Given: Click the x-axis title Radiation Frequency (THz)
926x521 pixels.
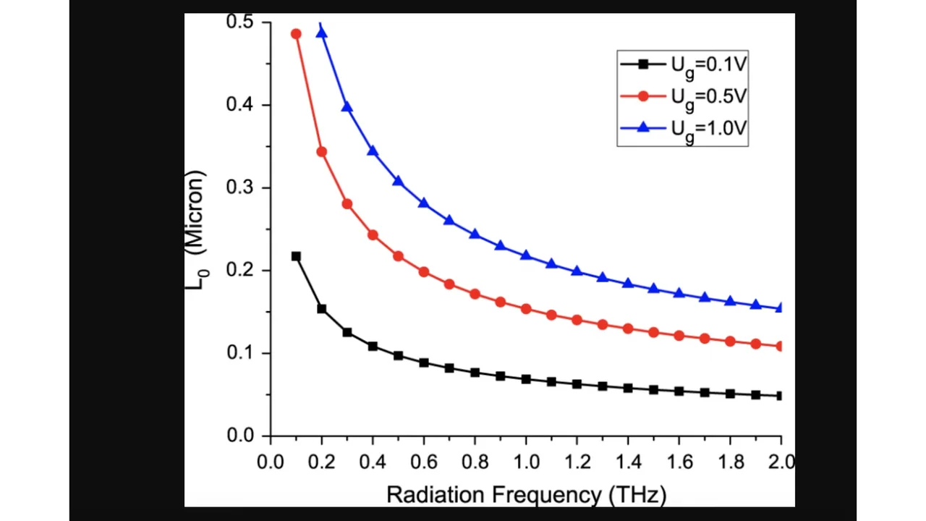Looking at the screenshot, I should point(526,495).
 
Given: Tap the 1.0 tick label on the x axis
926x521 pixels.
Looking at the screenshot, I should point(526,462).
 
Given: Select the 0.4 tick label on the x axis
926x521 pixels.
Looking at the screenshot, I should point(373,462).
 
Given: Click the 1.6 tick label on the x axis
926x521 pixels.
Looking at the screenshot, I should point(679,462).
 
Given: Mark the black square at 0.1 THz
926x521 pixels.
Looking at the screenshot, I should point(296,256).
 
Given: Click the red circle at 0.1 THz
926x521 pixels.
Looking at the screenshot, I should point(296,34).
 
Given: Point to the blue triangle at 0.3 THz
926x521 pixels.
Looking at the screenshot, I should point(347,107).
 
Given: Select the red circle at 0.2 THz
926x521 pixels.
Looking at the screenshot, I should point(322,152).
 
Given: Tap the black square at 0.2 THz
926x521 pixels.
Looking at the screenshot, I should point(322,309).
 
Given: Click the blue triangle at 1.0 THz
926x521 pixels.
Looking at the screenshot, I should point(526,255).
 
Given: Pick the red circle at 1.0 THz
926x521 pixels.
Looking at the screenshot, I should point(526,309).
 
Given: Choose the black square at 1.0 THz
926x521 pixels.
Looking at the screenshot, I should point(526,379).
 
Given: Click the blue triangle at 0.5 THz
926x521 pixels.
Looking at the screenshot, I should point(398,181).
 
